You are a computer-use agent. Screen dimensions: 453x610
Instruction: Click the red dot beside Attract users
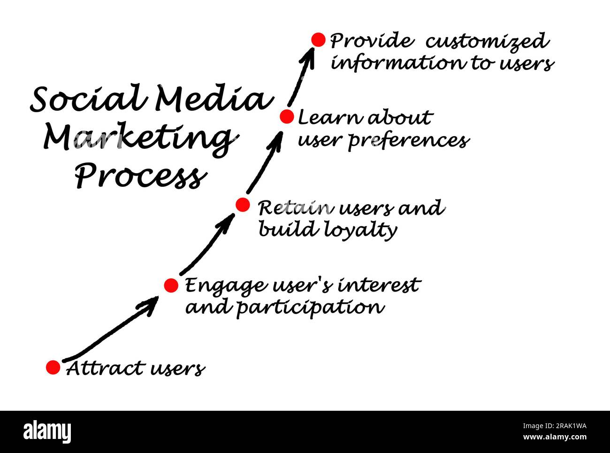coord(53,367)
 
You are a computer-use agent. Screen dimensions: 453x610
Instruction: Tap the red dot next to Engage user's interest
coord(171,285)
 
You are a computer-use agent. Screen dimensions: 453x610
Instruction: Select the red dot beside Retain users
coord(242,205)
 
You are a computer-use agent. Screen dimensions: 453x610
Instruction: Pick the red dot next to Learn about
coord(287,116)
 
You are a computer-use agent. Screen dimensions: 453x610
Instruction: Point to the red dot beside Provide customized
coord(318,40)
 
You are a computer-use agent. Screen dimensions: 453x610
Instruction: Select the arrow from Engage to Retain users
coord(206,246)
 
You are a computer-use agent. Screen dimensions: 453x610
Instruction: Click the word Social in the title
coord(87,99)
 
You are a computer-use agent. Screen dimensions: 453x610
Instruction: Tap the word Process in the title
coord(140,177)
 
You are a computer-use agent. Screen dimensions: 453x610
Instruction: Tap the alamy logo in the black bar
coord(47,432)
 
